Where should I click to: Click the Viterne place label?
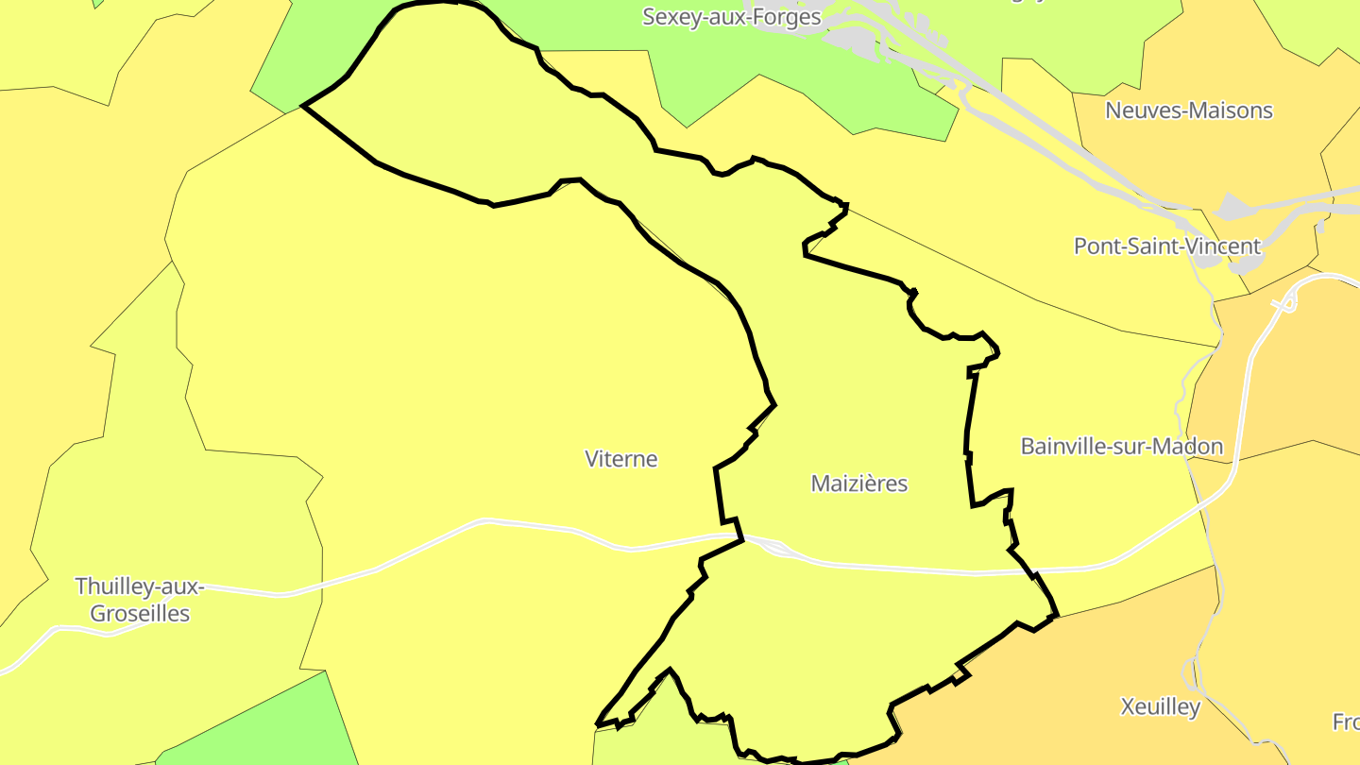620,459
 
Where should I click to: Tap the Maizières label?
858,484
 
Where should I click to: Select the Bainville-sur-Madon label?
1121,447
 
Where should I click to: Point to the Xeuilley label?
1160,706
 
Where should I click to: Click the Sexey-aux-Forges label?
731,16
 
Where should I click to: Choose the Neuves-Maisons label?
1188,110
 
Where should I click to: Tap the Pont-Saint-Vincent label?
1166,246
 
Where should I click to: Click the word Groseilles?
139,613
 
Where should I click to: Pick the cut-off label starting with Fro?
1346,722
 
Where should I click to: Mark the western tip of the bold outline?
303,107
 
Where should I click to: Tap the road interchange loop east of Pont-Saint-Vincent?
1284,303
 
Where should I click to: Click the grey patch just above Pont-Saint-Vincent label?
1233,206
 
